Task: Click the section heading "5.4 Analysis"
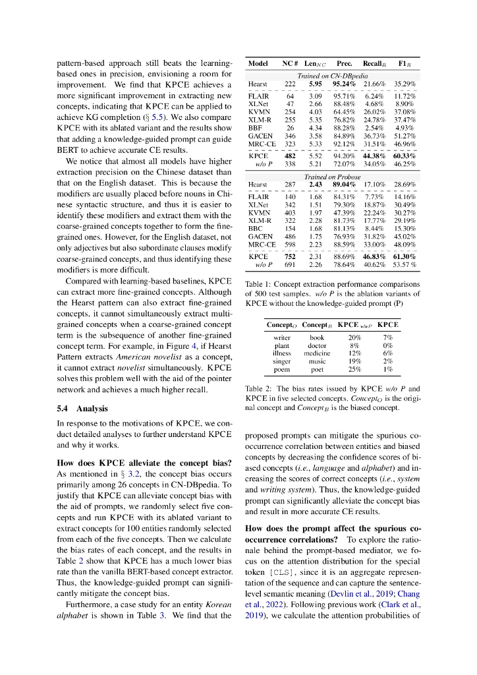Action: [82, 409]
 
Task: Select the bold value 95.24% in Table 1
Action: [344, 84]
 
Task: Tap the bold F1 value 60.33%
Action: [405, 156]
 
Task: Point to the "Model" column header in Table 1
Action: [258, 64]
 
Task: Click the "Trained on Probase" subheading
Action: [332, 177]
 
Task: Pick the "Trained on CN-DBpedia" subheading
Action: [332, 76]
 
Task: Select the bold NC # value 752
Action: [289, 256]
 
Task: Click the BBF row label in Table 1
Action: [255, 127]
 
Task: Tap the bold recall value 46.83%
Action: [374, 256]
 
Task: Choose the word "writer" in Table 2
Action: [282, 337]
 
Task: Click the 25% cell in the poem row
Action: [354, 369]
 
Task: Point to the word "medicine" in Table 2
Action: [317, 353]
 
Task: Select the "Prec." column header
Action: [344, 64]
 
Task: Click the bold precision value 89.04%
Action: [344, 185]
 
